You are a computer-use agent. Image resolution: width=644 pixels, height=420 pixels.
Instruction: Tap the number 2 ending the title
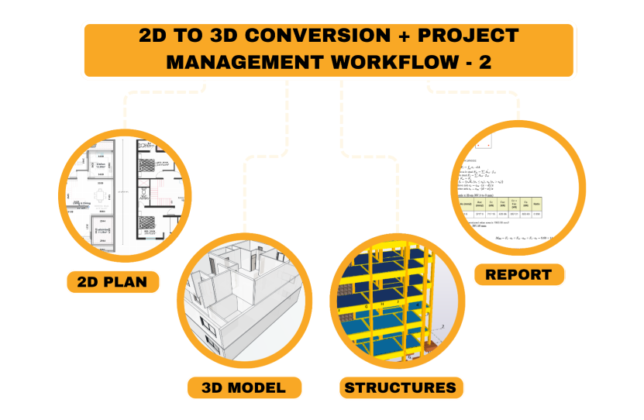485,63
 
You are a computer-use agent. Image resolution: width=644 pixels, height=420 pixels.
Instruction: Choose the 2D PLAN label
113,281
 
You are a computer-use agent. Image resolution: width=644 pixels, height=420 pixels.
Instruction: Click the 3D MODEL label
243,387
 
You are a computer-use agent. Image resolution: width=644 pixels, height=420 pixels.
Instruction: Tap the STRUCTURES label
400,387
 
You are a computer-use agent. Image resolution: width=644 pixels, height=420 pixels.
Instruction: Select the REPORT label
518,274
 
